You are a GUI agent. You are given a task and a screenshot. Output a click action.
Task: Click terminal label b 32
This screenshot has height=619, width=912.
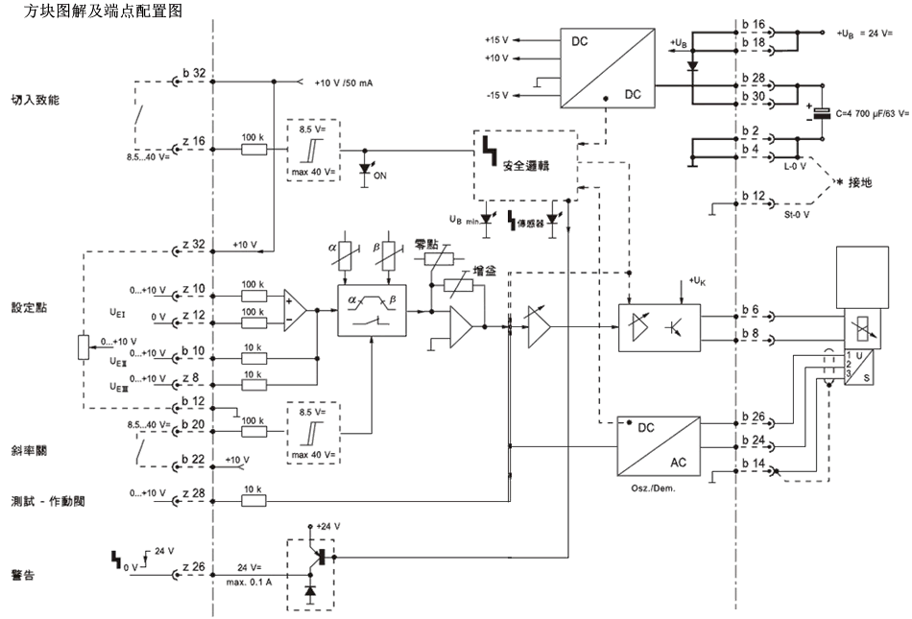(193, 73)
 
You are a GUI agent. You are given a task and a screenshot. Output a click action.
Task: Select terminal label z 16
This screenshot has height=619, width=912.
(193, 140)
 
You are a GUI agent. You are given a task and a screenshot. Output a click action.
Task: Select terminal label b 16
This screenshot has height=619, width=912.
(753, 23)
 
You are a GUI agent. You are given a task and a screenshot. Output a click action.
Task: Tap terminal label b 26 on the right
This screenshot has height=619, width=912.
(753, 417)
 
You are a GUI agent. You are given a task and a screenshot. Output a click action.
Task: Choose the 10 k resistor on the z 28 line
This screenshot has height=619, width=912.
(253, 500)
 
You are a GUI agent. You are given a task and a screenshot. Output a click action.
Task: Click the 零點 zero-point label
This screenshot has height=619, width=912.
(426, 244)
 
